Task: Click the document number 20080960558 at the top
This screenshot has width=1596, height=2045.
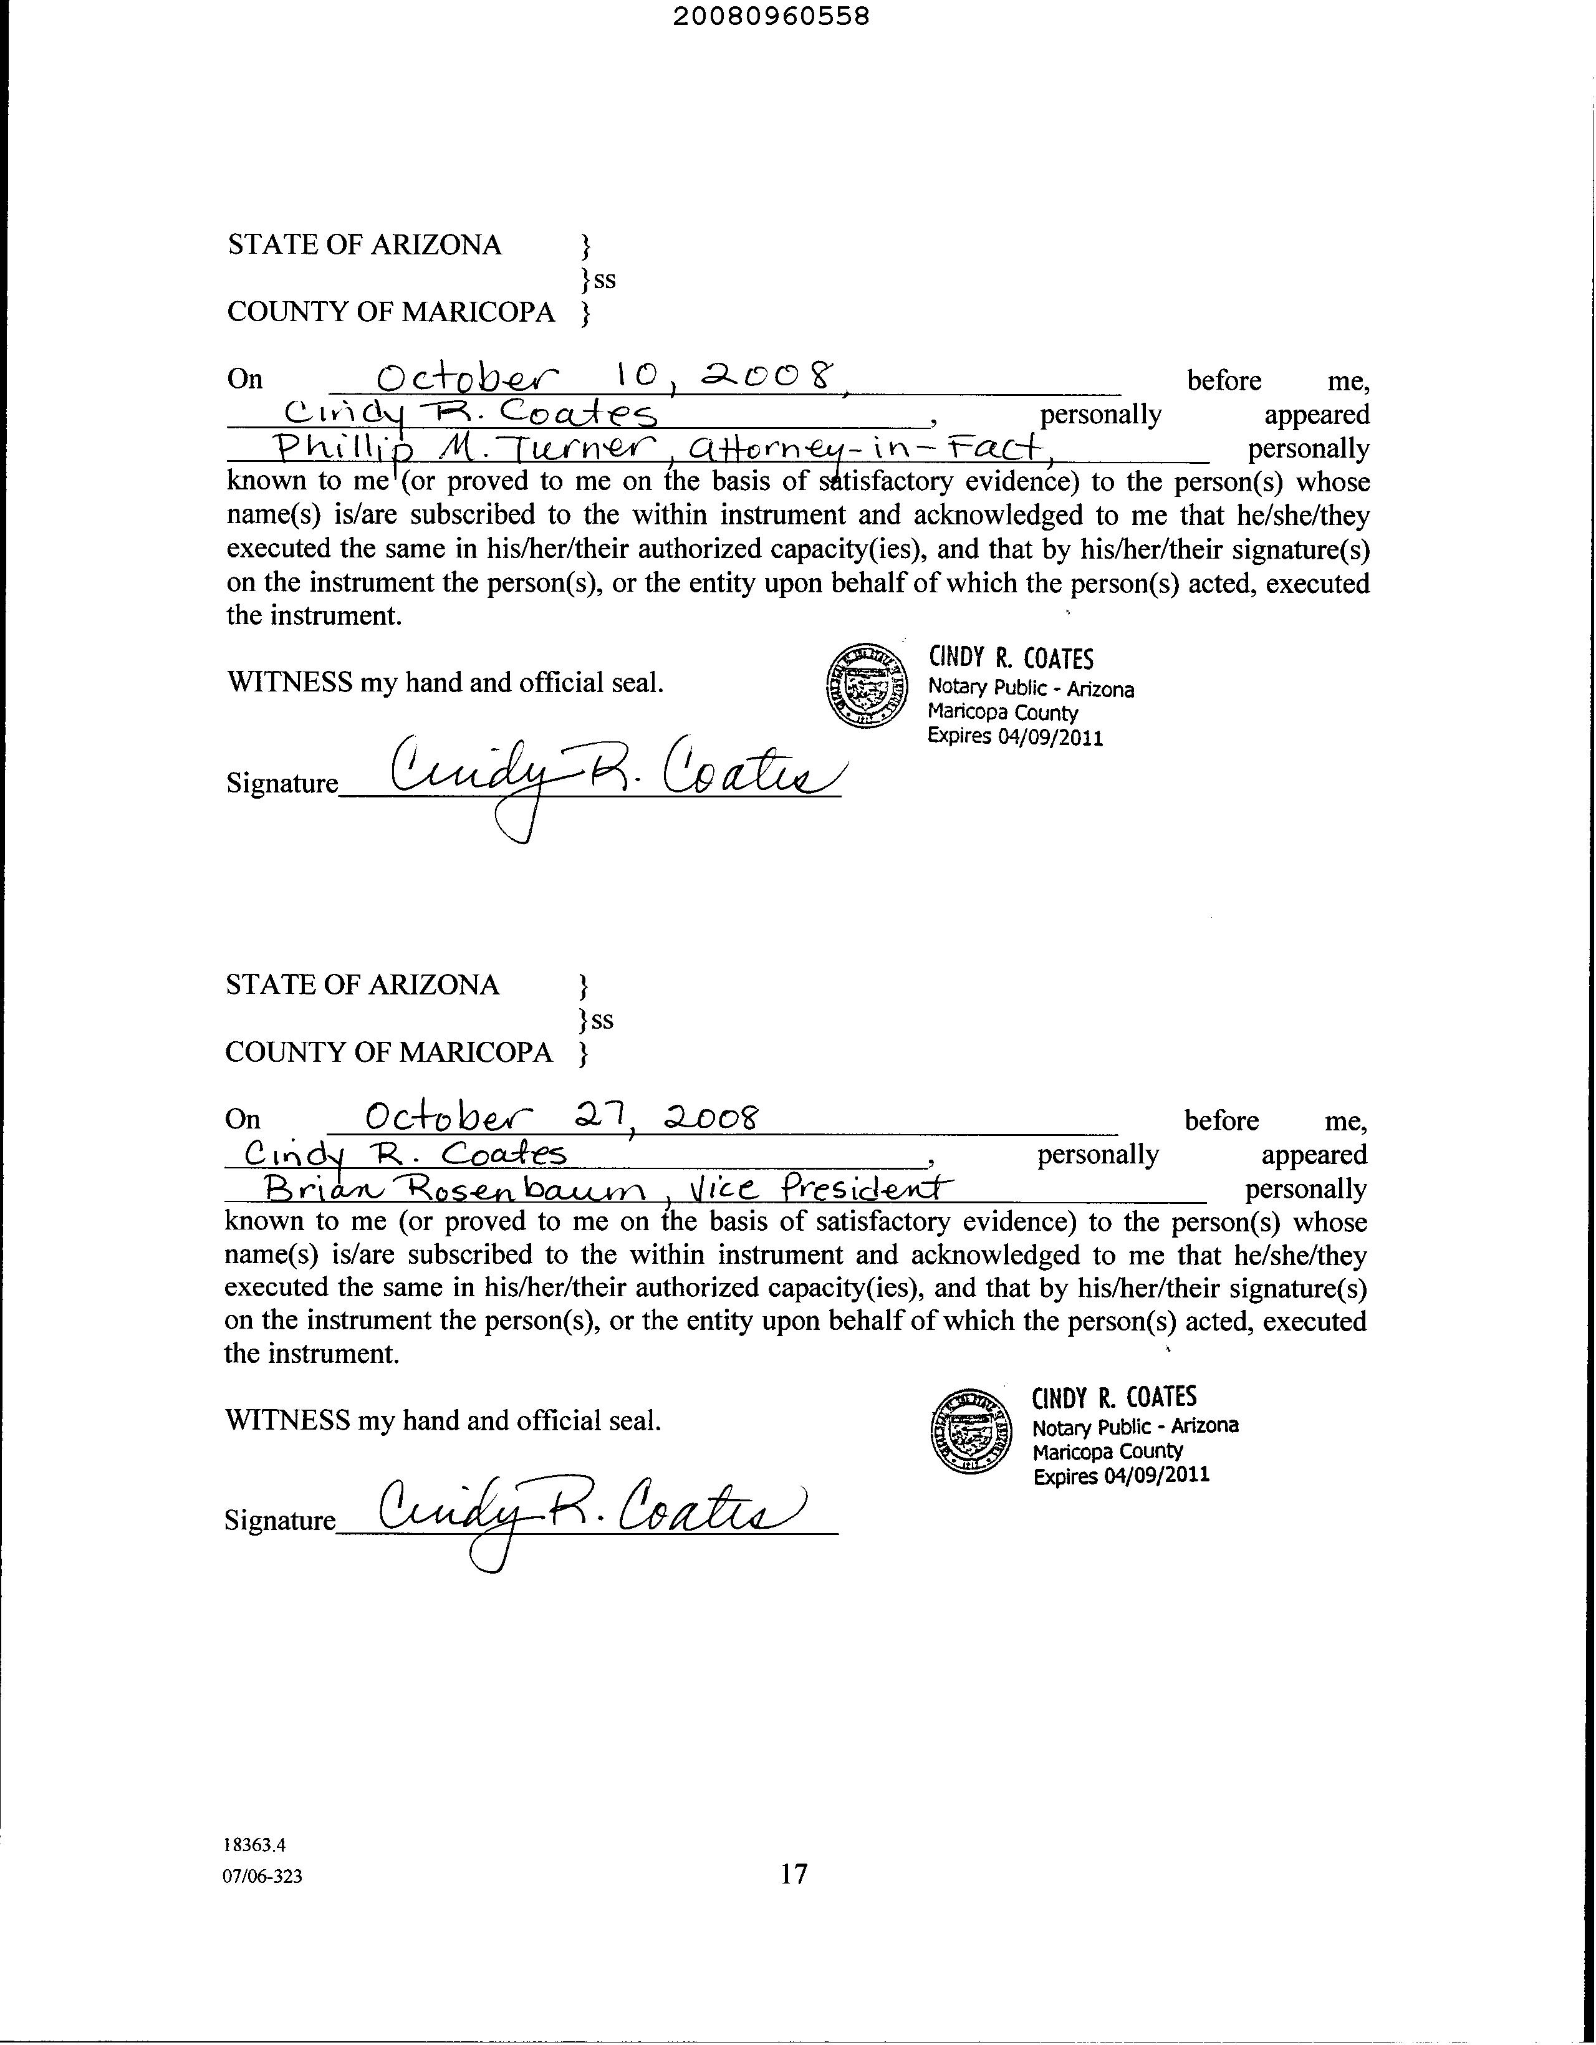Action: click(x=771, y=17)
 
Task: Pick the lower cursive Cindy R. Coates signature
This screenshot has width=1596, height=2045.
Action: click(x=590, y=1509)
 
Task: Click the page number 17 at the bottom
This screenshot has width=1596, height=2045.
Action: click(x=793, y=1874)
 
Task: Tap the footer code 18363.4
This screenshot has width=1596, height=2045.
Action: click(x=254, y=1845)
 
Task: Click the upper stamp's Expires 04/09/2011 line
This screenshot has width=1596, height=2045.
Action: click(x=1015, y=737)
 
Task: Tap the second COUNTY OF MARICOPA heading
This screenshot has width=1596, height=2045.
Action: click(x=388, y=1052)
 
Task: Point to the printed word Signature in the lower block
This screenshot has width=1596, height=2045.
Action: click(x=279, y=1519)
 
